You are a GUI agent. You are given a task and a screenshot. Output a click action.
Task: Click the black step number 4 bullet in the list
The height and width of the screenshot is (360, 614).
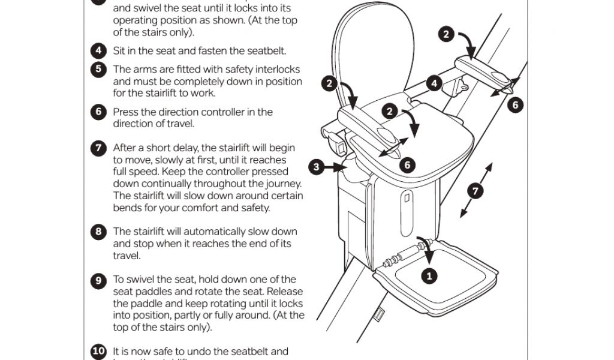point(98,50)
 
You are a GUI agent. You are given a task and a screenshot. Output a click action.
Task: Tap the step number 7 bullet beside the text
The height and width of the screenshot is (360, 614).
point(98,148)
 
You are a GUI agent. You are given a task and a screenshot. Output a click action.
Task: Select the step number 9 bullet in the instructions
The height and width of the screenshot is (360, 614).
point(98,280)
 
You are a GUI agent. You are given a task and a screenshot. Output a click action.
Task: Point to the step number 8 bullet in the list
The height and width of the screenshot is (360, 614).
point(98,232)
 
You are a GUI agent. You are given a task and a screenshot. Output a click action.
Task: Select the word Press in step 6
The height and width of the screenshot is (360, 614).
point(125,112)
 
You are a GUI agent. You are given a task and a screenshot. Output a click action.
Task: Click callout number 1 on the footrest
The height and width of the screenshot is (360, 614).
point(429,276)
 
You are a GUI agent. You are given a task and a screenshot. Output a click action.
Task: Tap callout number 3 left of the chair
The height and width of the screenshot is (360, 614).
point(318,167)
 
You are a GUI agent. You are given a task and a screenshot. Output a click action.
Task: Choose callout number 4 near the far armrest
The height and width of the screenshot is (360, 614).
point(434,83)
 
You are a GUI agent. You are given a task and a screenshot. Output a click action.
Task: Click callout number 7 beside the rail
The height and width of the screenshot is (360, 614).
point(475,191)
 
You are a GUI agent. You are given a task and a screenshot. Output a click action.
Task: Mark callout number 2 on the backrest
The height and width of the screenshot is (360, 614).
point(329,83)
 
